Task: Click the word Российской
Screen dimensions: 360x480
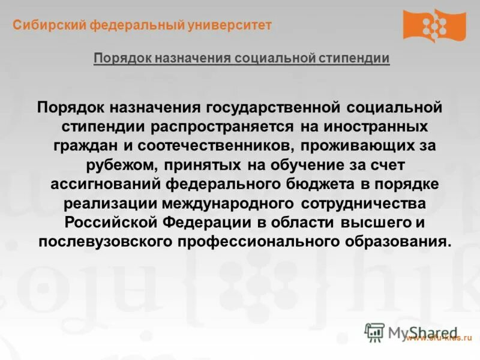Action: click(x=109, y=223)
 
